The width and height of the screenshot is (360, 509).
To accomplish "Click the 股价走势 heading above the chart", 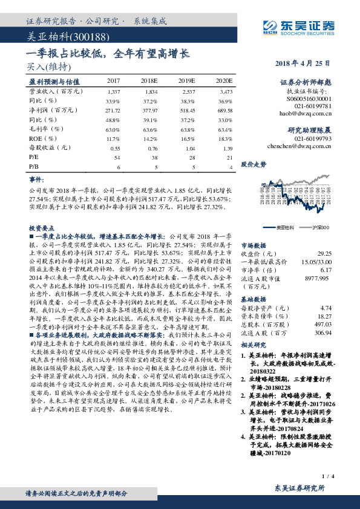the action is pyautogui.click(x=254, y=164).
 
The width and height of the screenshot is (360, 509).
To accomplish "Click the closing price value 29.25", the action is pyautogui.click(x=327, y=254).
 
